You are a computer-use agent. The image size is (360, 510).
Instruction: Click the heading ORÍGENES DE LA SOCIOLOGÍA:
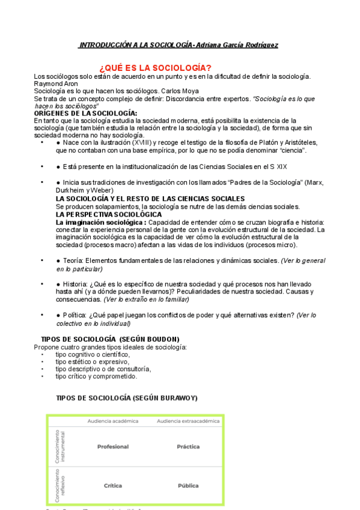point(85,113)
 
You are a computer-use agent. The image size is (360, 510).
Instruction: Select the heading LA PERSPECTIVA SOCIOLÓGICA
point(108,214)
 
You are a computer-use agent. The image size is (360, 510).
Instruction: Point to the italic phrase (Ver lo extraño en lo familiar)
point(146,299)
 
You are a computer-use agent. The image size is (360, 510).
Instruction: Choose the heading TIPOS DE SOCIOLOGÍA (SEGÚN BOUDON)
point(109,339)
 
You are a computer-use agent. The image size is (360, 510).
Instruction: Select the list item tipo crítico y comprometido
point(96,376)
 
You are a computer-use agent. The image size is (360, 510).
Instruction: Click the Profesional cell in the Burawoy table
point(113,447)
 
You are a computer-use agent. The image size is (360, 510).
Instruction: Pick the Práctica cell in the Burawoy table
point(188,447)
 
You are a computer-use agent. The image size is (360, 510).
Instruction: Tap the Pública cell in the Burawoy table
point(188,485)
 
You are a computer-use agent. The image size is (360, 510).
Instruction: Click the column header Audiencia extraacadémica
point(188,421)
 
